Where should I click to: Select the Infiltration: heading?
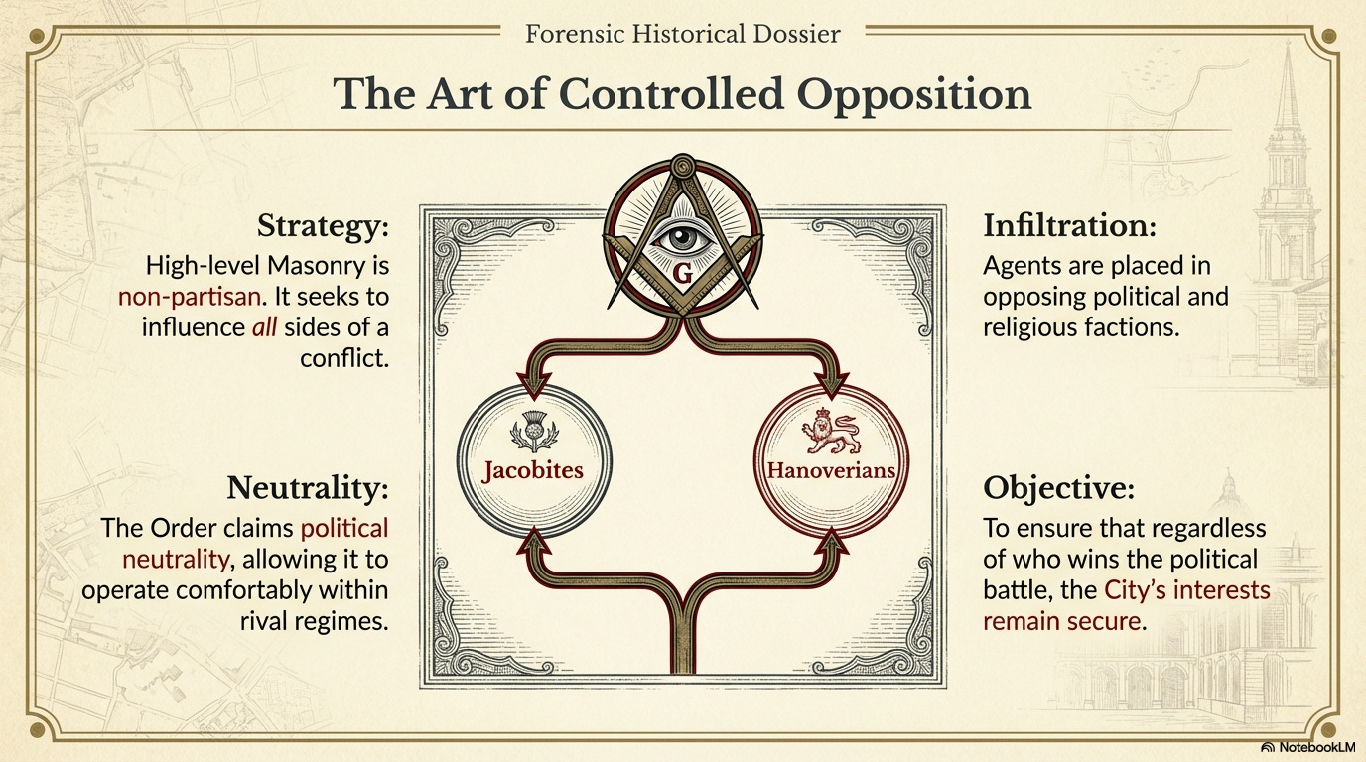pyautogui.click(x=1069, y=226)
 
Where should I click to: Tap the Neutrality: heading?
pyautogui.click(x=308, y=488)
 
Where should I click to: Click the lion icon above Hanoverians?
pyautogui.click(x=831, y=431)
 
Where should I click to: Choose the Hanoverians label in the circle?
pyautogui.click(x=831, y=469)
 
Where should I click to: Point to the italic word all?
pyautogui.click(x=266, y=326)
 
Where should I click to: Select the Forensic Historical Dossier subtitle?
pyautogui.click(x=682, y=34)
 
